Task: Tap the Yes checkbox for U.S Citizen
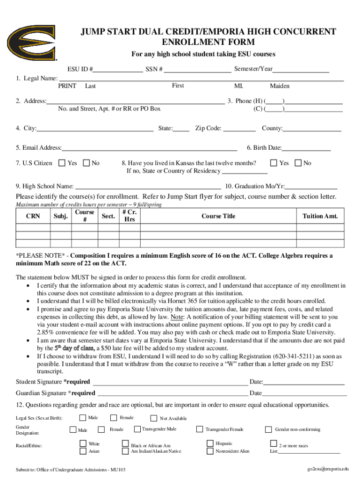point(62,163)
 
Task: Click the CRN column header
point(33,216)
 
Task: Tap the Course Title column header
point(218,216)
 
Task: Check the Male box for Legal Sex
point(82,417)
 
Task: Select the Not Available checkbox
point(154,418)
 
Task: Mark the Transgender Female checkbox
point(200,429)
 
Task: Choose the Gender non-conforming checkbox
point(268,429)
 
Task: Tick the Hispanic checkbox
point(210,443)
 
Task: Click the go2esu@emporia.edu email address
point(327,469)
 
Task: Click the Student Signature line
point(168,383)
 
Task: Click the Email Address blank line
point(149,149)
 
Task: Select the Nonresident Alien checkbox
point(210,451)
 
